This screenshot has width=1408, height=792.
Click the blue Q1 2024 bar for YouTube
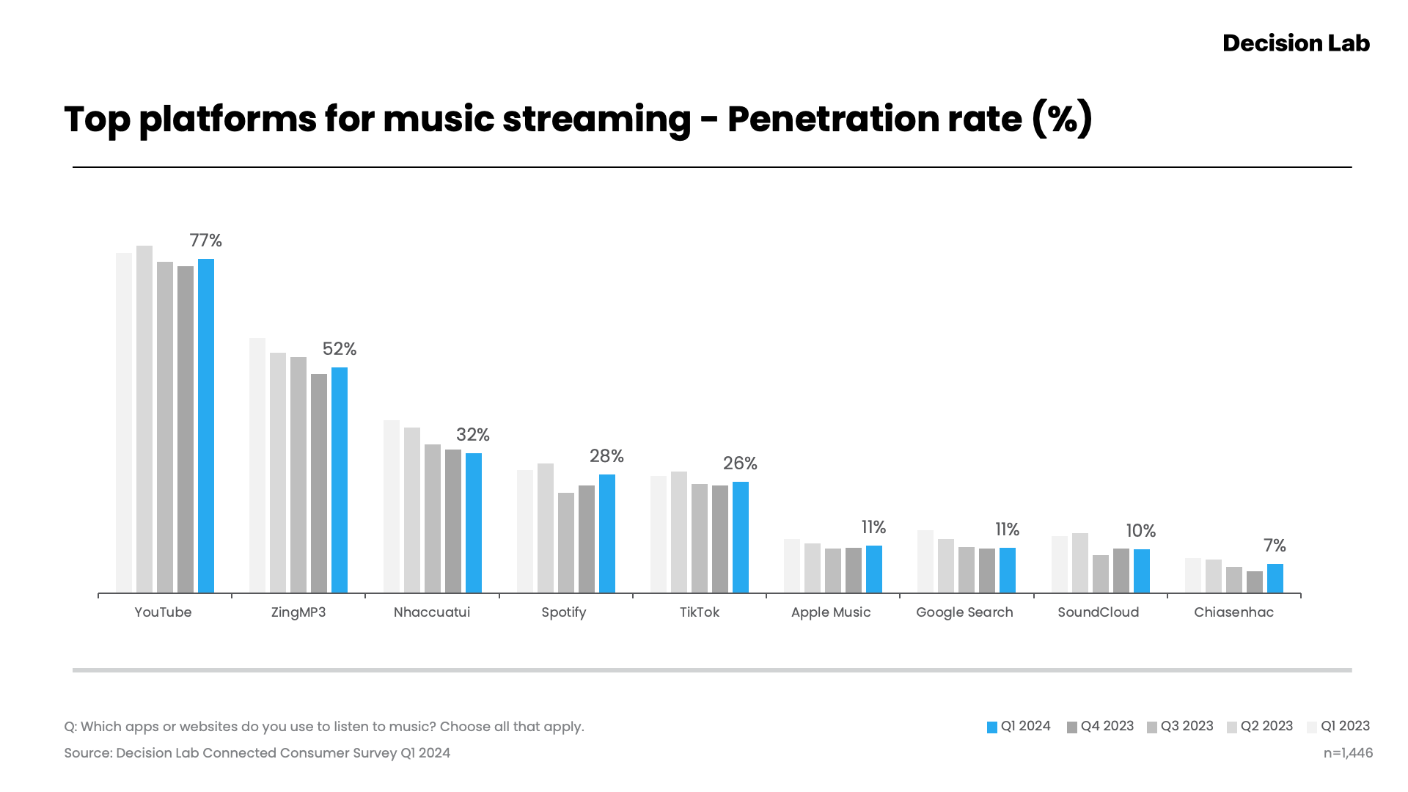[x=206, y=425]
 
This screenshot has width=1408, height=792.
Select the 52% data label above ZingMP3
[x=340, y=349]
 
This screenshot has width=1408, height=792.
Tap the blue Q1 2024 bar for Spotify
[x=607, y=533]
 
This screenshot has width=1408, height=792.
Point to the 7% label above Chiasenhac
[x=1275, y=546]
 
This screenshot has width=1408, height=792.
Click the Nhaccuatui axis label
[x=431, y=612]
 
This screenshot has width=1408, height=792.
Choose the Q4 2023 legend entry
[x=1100, y=726]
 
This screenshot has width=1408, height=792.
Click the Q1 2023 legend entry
[x=1338, y=726]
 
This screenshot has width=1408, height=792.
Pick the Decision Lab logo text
[x=1296, y=43]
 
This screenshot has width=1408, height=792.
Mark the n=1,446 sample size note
[x=1348, y=753]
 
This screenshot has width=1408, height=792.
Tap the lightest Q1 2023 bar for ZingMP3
[x=257, y=465]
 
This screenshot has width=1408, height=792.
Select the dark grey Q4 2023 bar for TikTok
[x=720, y=538]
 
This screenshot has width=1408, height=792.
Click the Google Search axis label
[x=964, y=612]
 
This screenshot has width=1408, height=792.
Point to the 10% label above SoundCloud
[x=1141, y=531]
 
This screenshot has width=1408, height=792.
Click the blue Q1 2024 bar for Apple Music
[x=874, y=569]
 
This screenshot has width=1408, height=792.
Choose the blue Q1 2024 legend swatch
[x=992, y=727]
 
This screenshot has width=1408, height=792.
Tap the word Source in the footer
[x=87, y=753]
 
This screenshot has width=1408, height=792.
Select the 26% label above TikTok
[x=740, y=463]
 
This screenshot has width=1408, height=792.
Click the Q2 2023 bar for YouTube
[x=144, y=419]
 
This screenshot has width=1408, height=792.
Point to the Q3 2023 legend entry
[x=1180, y=726]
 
